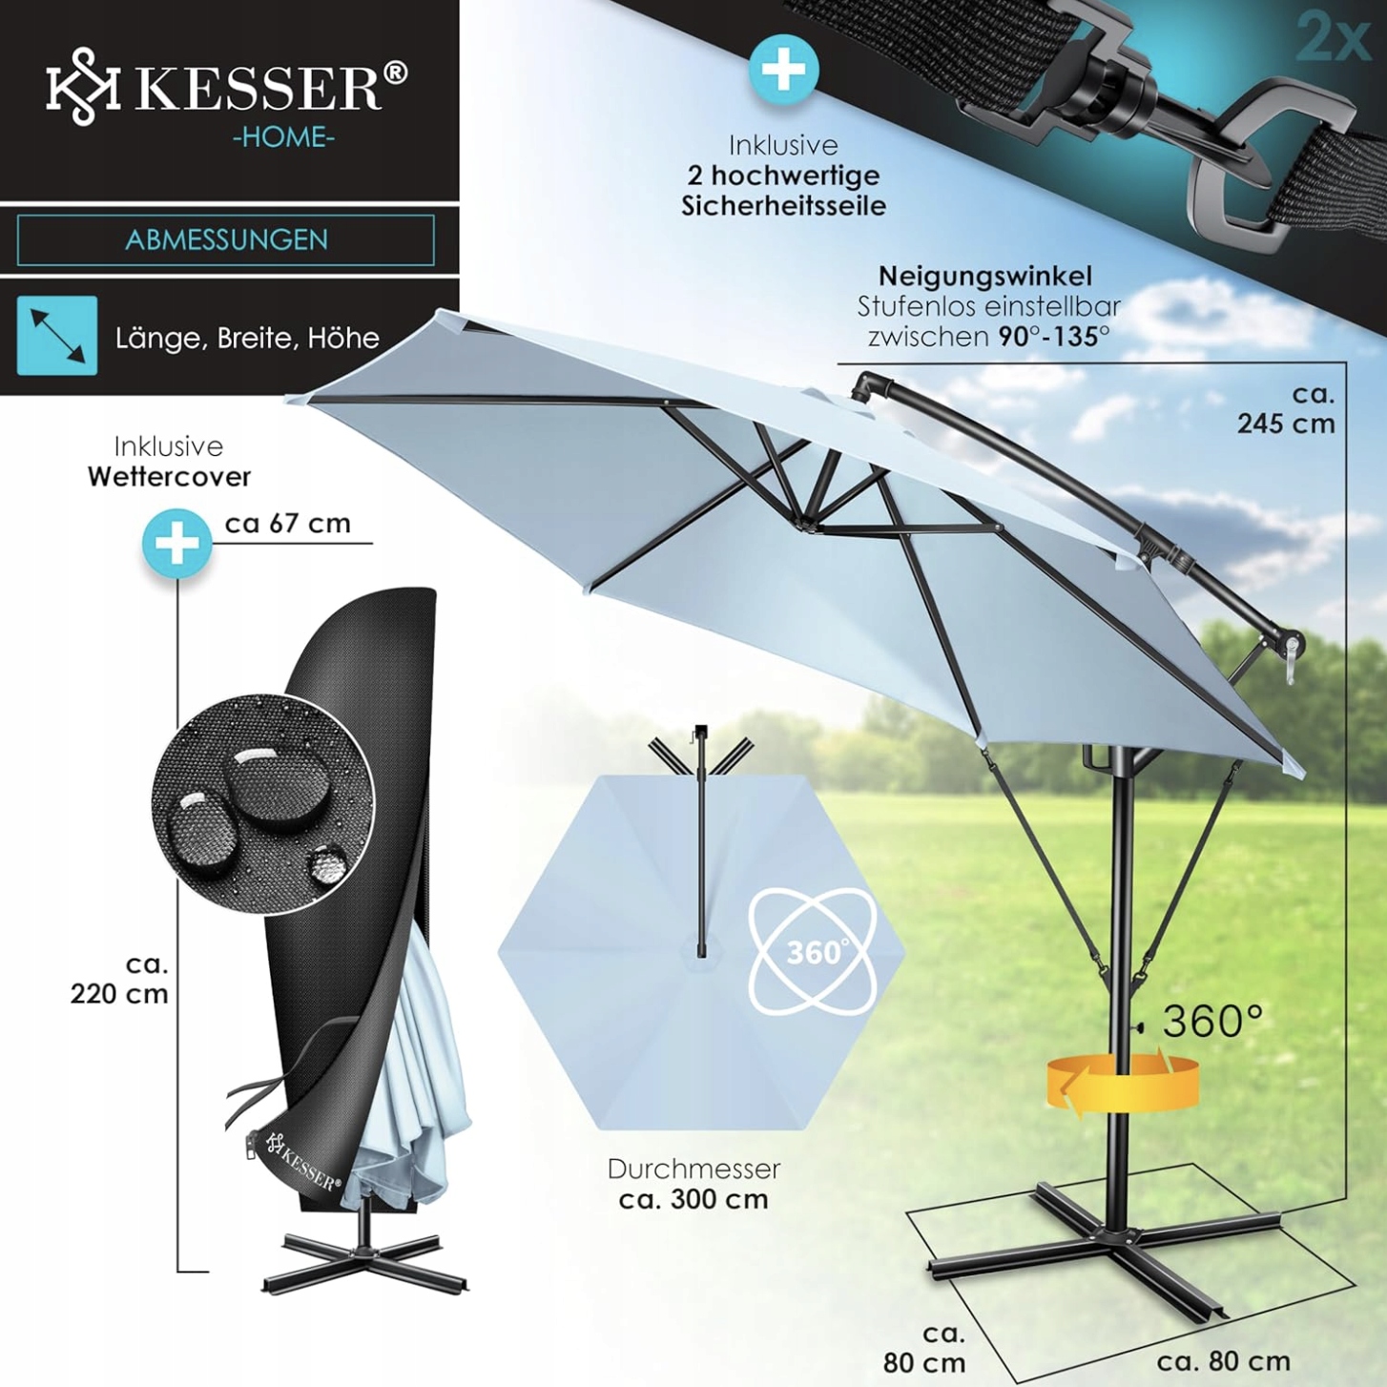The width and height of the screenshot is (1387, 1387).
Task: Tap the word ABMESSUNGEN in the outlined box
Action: pyautogui.click(x=226, y=239)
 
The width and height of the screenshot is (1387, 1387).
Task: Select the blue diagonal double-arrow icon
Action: pyautogui.click(x=57, y=335)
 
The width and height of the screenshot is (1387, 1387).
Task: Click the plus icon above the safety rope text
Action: pyautogui.click(x=783, y=70)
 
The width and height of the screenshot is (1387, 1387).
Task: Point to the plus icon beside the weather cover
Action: pyautogui.click(x=177, y=543)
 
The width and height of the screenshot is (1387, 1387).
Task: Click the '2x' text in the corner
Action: pyautogui.click(x=1333, y=38)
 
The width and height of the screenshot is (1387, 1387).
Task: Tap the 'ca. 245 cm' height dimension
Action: pyautogui.click(x=1286, y=409)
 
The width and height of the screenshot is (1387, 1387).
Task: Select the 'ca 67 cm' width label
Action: pyautogui.click(x=288, y=524)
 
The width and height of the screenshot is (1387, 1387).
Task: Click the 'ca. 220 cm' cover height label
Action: pyautogui.click(x=120, y=980)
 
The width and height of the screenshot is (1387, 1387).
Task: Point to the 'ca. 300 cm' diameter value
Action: pyautogui.click(x=693, y=1199)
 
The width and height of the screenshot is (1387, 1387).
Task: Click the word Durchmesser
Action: pyautogui.click(x=693, y=1169)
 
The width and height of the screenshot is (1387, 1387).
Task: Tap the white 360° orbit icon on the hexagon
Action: pyautogui.click(x=813, y=951)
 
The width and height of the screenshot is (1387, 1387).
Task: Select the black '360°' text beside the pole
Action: pyautogui.click(x=1212, y=1022)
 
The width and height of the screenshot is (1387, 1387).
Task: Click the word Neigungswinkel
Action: pyautogui.click(x=984, y=277)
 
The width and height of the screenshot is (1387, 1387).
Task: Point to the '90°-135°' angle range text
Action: pyautogui.click(x=1054, y=337)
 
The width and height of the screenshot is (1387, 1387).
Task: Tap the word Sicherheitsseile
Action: pyautogui.click(x=783, y=206)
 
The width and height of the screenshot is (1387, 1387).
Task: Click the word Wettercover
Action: pyautogui.click(x=170, y=477)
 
